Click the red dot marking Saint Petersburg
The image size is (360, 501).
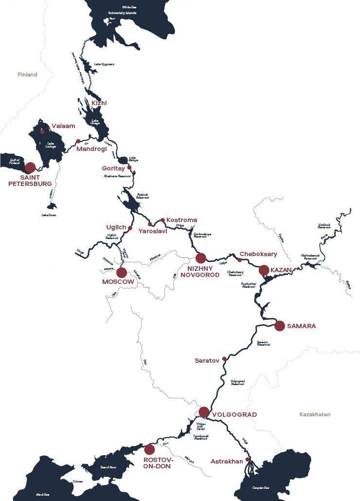tap(30, 167)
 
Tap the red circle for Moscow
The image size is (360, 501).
tap(122, 273)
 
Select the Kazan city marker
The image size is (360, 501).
tap(264, 270)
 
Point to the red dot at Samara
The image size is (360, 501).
tap(279, 326)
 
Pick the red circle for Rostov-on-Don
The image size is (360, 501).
tap(149, 449)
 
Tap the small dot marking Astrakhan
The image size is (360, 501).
tap(248, 459)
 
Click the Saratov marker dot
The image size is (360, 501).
tap(224, 359)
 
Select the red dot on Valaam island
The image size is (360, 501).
tap(42, 131)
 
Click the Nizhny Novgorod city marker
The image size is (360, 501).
tap(200, 258)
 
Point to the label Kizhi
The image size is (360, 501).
tap(99, 103)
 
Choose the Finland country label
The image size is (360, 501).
tap(27, 75)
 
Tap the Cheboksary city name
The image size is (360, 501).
tap(258, 254)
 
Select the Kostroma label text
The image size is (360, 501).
tap(182, 220)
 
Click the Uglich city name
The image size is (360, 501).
tap(116, 227)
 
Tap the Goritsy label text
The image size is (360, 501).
tap(113, 167)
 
